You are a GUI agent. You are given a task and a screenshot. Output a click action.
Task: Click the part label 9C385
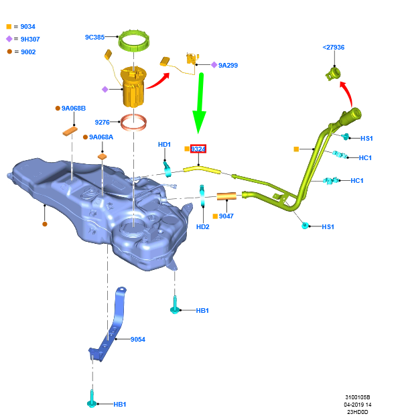pos(94,38)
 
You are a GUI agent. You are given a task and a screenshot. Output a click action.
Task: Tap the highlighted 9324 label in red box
pos(198,149)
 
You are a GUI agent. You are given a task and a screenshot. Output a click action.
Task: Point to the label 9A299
pos(228,66)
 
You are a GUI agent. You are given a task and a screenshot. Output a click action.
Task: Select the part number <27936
pos(333,48)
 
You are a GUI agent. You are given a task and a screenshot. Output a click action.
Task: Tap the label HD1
pos(165,145)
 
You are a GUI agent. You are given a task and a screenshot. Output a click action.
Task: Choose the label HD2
pos(203,227)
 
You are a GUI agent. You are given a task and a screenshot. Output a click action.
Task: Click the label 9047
pos(226,216)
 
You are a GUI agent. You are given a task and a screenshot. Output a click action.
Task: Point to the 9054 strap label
pos(137,340)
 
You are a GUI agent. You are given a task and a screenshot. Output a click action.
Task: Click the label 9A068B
pos(74,108)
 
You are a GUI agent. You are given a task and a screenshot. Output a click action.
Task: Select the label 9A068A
pos(102,137)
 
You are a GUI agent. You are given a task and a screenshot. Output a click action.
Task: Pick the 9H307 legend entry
pos(28,39)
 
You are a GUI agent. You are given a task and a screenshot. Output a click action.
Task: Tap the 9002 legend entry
pos(27,52)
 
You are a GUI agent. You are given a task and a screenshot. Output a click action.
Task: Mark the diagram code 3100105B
pos(358,397)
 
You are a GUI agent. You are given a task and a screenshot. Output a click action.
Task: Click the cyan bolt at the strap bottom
pos(92,403)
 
